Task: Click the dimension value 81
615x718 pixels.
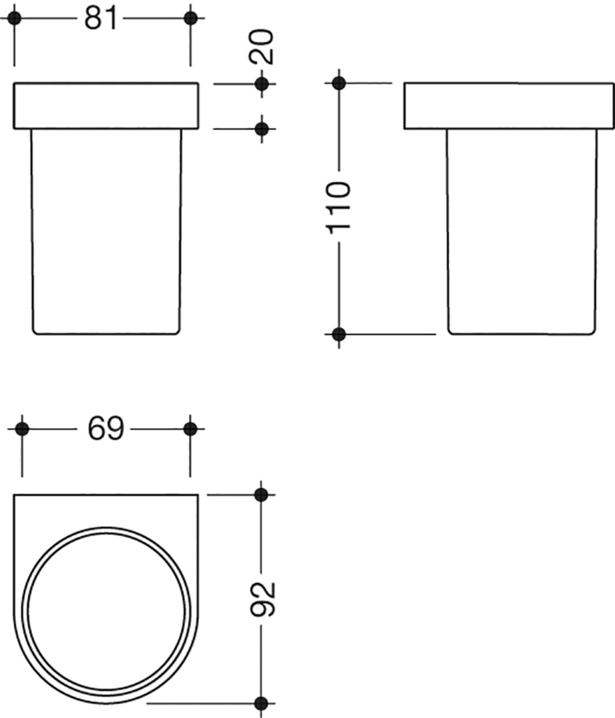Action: click(x=101, y=19)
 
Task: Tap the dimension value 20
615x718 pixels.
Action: click(x=262, y=47)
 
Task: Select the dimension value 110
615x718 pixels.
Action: click(x=339, y=207)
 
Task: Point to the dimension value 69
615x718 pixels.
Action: click(x=105, y=429)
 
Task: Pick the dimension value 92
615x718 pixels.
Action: click(x=263, y=599)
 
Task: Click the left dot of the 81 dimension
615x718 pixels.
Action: click(x=14, y=19)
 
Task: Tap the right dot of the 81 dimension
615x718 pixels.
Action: click(x=190, y=19)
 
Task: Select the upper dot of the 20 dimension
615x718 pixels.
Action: click(x=262, y=84)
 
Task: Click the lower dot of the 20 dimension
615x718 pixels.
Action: click(x=262, y=129)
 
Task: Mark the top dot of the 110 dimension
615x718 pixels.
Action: click(x=339, y=83)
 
